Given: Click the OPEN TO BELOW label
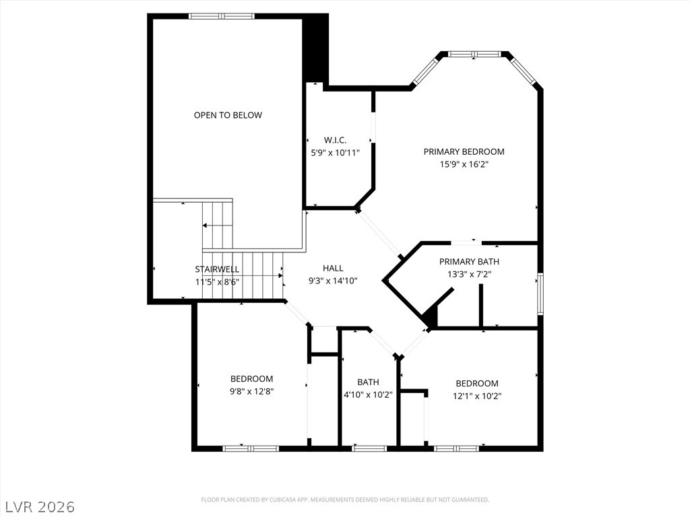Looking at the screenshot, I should coord(228,115).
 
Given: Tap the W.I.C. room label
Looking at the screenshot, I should coord(335,140).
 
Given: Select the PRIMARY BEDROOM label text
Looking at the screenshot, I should coord(464,151).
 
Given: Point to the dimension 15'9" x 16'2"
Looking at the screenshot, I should coord(464,164).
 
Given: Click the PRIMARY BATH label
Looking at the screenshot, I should coord(469,261).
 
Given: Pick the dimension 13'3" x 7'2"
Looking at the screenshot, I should coord(469,274).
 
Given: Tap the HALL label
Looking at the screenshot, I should coord(333,268).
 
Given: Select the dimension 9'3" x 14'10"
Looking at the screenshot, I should coord(333,281).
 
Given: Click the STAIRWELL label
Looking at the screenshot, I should coord(217,269).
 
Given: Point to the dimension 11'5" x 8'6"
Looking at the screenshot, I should coord(217,282).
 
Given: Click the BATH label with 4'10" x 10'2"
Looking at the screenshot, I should coord(368,382).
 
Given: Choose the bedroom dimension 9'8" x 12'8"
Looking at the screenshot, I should coord(251,391).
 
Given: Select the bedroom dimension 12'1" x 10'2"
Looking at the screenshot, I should coord(477,396).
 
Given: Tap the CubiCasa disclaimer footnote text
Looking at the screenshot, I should coord(345,499).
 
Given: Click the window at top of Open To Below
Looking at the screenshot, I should coord(222,16).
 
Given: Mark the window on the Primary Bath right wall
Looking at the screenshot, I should coord(540,293).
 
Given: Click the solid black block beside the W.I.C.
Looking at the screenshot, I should coord(315,48).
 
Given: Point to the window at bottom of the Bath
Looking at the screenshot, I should coord(369,448).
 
